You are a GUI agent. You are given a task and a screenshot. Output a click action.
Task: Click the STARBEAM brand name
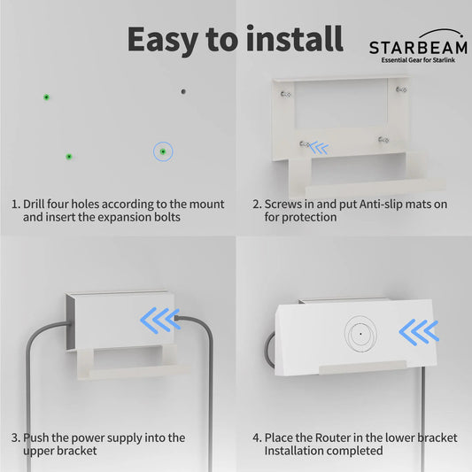click(x=418, y=47)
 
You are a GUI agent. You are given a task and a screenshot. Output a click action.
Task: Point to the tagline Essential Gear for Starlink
click(x=418, y=60)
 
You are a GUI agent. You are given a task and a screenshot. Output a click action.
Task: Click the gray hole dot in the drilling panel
click(x=183, y=90)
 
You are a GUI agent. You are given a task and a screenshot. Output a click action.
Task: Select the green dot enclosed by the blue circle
click(x=163, y=152)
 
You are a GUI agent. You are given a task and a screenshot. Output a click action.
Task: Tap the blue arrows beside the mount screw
click(x=317, y=148)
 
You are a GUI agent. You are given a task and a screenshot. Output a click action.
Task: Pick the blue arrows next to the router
click(x=418, y=332)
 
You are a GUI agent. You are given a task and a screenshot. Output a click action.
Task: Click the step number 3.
click(x=15, y=437)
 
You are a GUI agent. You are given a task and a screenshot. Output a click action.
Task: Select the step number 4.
click(x=256, y=437)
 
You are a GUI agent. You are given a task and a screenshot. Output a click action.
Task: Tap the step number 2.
click(x=256, y=204)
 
